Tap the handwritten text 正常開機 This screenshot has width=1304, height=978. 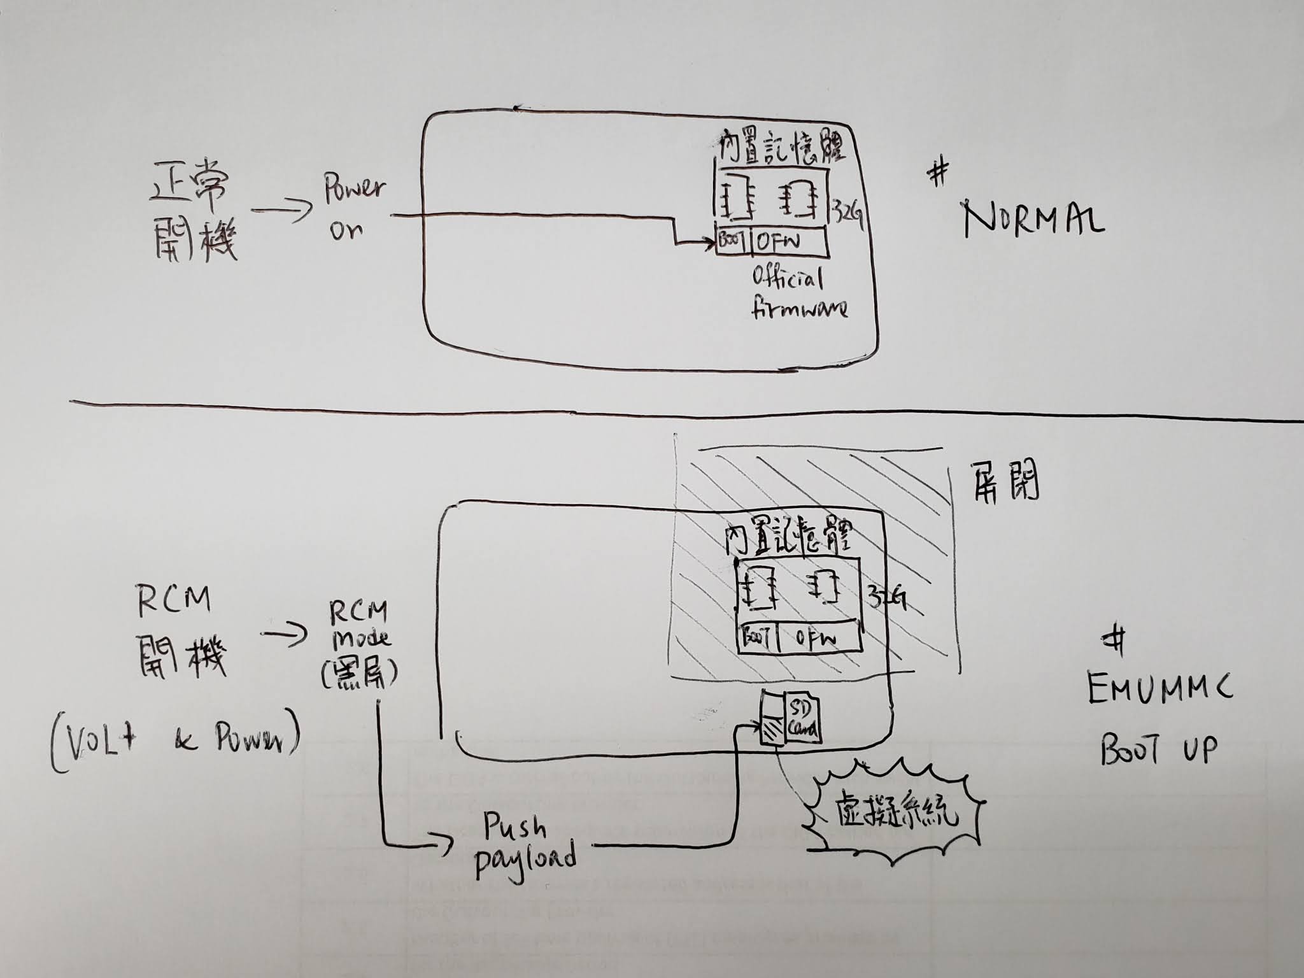pyautogui.click(x=191, y=216)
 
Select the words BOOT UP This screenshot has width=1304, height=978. pyautogui.click(x=1159, y=749)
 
